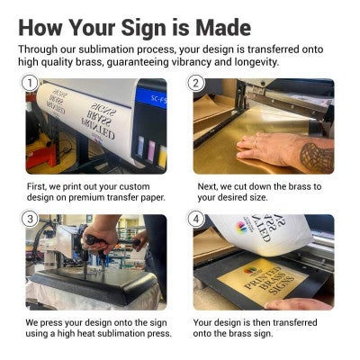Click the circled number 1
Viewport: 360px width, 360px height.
[x=30, y=84]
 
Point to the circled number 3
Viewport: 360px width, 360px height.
[x=30, y=219]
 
